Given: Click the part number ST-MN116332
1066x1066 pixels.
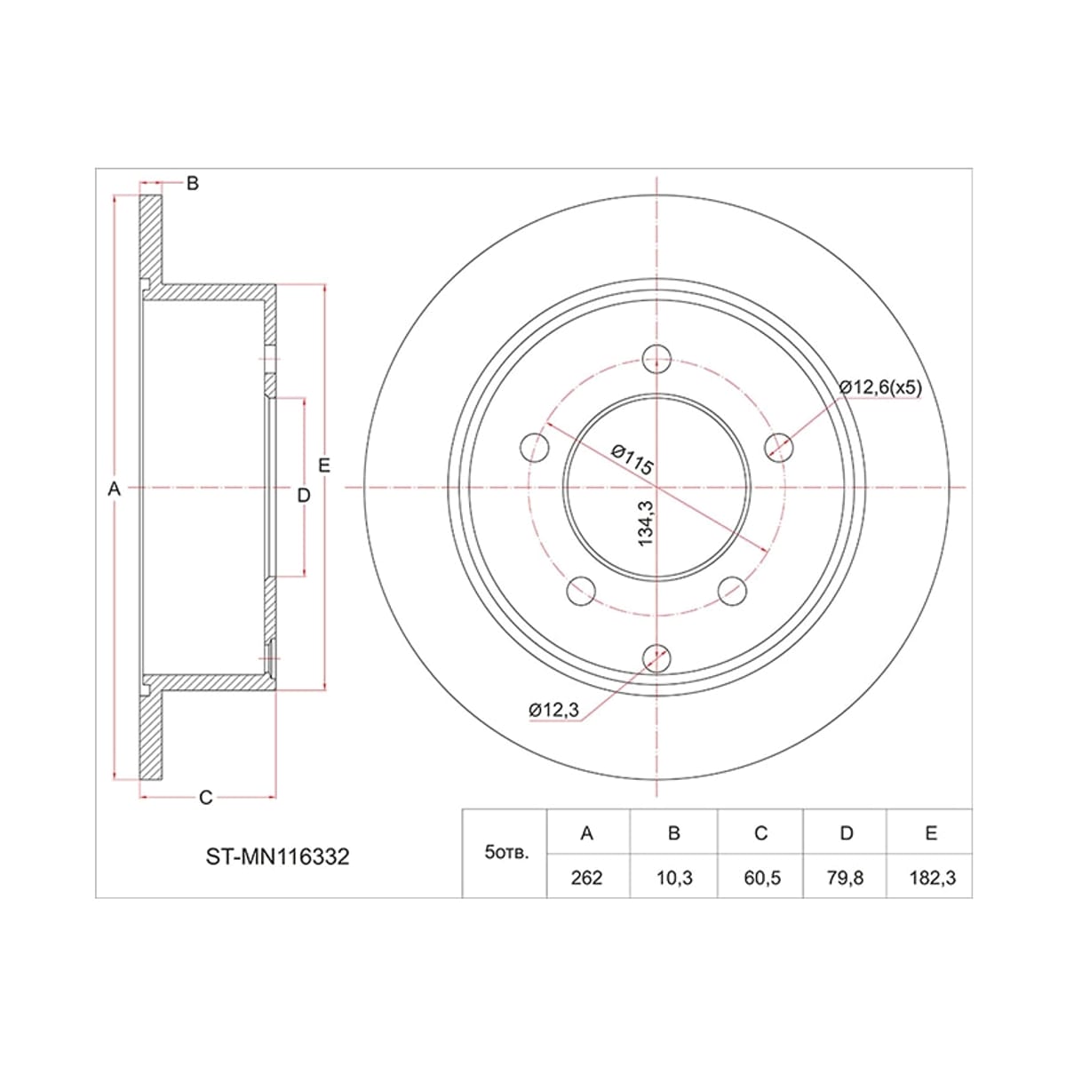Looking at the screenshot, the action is click(x=278, y=857).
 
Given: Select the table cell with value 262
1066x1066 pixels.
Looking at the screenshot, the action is click(x=586, y=878).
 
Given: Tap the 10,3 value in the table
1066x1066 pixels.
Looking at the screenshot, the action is click(x=673, y=878).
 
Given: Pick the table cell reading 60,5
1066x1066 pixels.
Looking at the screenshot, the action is click(x=761, y=878).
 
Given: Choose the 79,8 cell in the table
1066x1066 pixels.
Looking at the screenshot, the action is click(x=845, y=878).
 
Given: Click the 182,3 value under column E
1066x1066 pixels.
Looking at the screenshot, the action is click(x=932, y=878).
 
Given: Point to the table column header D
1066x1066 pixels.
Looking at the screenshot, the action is click(x=846, y=833).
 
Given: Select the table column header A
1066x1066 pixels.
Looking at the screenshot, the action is click(x=587, y=833).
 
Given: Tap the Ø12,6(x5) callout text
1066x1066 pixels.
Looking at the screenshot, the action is click(x=880, y=387).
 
